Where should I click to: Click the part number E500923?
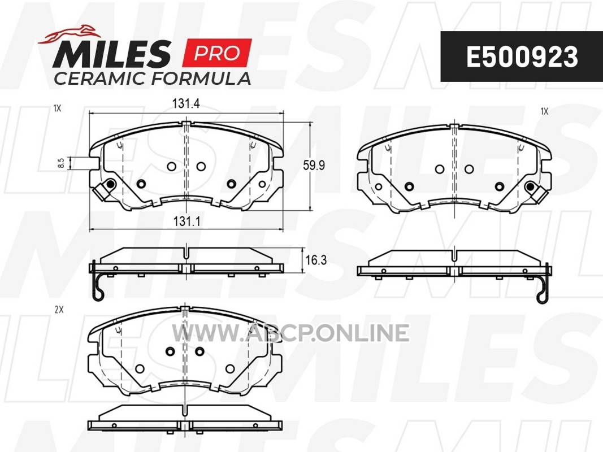pos(522,57)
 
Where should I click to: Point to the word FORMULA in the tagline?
pos(201,79)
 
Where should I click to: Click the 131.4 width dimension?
pos(186,104)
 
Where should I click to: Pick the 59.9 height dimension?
pos(314,166)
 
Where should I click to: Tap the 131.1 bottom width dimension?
pos(186,221)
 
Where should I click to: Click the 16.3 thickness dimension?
pos(316,260)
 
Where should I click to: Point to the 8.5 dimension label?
pos(61,163)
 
